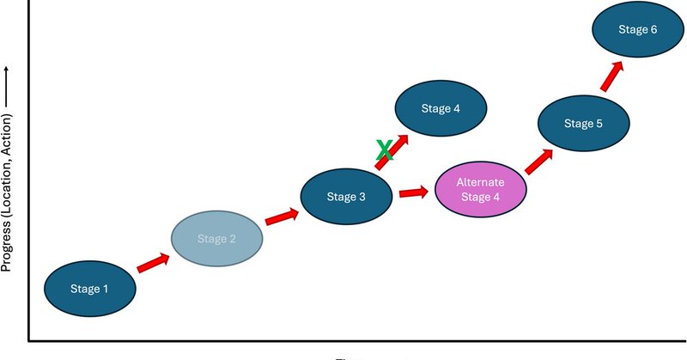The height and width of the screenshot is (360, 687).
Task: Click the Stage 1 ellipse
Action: click(89, 289)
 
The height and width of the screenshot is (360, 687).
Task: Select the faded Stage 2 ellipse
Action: click(216, 239)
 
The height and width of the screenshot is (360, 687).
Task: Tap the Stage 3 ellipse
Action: click(347, 197)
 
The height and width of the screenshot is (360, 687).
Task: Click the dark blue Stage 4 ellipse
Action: click(441, 109)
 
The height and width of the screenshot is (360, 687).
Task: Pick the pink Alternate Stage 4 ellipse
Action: click(480, 191)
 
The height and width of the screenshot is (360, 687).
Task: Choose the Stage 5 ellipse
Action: click(583, 124)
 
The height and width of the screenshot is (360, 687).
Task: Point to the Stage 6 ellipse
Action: click(637, 30)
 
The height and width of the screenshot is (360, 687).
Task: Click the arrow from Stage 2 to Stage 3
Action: click(282, 217)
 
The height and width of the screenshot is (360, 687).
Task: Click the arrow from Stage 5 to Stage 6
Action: click(612, 76)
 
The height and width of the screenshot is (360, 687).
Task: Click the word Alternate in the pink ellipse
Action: click(480, 183)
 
